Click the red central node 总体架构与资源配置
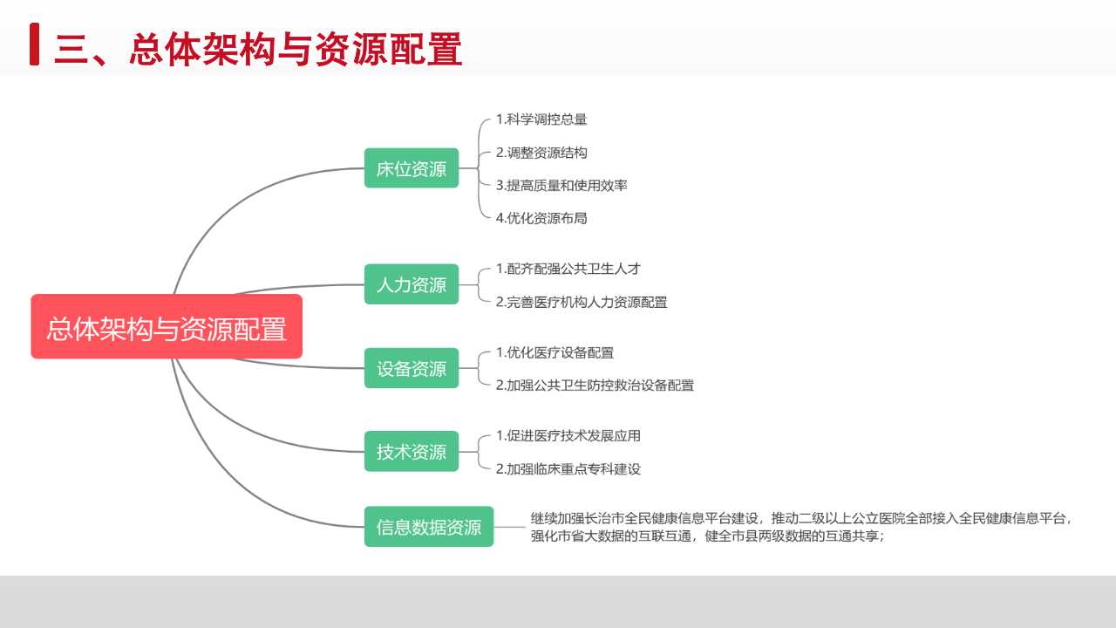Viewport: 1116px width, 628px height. pos(167,326)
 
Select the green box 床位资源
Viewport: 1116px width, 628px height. pos(412,168)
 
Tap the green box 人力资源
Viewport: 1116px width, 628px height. pos(412,284)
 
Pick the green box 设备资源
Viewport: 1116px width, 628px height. pos(412,368)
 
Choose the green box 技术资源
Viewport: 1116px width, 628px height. pos(412,451)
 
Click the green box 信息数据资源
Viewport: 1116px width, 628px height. pos(429,526)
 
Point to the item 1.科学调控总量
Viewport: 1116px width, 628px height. pos(541,119)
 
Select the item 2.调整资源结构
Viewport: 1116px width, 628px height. pos(541,153)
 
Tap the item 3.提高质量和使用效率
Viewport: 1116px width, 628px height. pos(561,186)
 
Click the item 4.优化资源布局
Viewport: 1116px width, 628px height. pos(541,218)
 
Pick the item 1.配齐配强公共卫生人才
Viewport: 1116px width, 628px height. pos(568,270)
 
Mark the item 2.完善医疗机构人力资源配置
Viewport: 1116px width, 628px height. pos(582,302)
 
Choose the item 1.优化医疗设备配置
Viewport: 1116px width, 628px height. pos(555,353)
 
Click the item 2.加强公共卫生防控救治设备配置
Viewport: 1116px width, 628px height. pos(595,386)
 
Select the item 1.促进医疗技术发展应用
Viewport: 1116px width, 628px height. pos(568,436)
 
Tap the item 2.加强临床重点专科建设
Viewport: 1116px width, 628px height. pos(568,469)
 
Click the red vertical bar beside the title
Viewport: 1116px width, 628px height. pos(34,44)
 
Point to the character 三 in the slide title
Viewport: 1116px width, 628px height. pos(71,50)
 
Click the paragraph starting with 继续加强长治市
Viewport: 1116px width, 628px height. pos(801,527)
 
